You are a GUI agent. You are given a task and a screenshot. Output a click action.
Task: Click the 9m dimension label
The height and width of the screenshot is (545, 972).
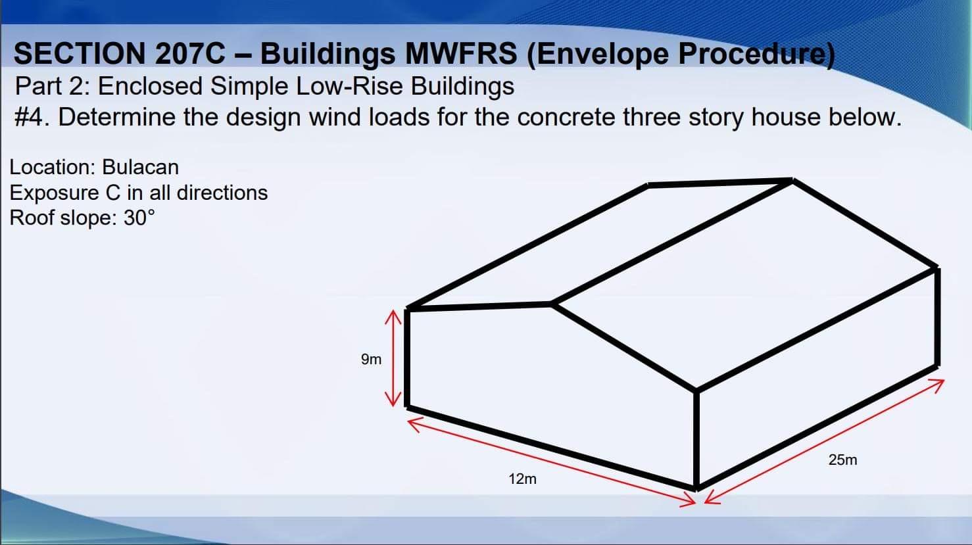[371, 359]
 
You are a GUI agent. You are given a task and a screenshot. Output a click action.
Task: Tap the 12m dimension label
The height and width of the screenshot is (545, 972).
[522, 479]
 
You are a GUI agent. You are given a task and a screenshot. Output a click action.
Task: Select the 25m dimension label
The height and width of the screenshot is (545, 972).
[842, 460]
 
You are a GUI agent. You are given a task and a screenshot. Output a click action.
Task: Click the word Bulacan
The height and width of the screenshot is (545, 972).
[140, 167]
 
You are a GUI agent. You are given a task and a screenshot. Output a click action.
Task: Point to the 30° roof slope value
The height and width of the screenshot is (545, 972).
[139, 218]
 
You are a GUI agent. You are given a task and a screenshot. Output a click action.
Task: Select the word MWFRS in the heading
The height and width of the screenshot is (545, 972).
[461, 54]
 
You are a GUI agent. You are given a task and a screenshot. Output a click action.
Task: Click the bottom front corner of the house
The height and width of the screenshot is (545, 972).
[696, 486]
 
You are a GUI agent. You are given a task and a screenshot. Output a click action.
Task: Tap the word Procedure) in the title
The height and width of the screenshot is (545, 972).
[756, 54]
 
